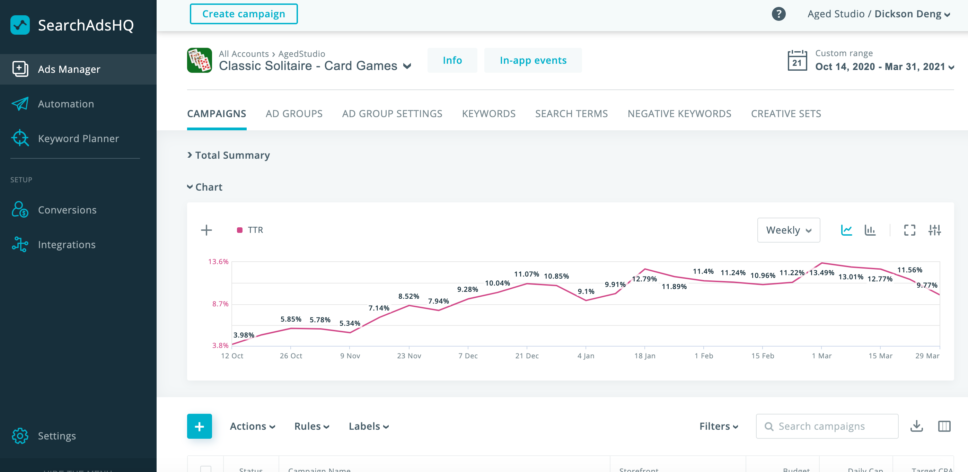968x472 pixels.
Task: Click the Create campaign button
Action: (x=244, y=14)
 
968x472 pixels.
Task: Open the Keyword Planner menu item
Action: (x=78, y=139)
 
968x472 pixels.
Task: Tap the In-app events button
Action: (x=533, y=60)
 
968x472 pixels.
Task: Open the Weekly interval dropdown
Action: (x=789, y=230)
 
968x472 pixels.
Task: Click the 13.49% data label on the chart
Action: (x=821, y=273)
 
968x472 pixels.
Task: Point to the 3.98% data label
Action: (x=244, y=335)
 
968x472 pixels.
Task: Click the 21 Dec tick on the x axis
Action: (x=527, y=356)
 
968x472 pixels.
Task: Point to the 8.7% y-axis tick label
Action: (x=220, y=304)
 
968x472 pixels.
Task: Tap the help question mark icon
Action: (x=778, y=14)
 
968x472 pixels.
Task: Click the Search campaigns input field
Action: (x=827, y=426)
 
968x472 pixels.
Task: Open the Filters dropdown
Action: (x=719, y=426)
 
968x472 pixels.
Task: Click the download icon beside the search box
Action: (x=916, y=426)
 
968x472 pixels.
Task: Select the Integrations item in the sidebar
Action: (x=67, y=245)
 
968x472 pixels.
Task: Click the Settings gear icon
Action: (x=20, y=436)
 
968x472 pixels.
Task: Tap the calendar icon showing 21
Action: (x=797, y=60)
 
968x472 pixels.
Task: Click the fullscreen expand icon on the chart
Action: (x=909, y=230)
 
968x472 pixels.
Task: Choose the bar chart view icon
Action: (x=870, y=230)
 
